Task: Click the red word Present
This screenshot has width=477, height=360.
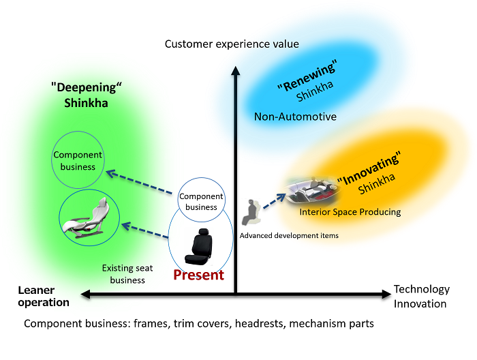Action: coord(198,275)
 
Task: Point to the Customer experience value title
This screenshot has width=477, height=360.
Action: coord(232,44)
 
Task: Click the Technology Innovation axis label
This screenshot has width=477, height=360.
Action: coord(422,297)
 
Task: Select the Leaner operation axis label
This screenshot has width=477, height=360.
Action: coord(42,297)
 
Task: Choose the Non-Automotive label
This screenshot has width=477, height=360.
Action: coord(295,117)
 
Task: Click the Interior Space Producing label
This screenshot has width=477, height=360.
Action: coord(350,212)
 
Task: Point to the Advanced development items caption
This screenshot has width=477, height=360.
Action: coord(289,236)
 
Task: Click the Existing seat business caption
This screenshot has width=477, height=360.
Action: coord(123,274)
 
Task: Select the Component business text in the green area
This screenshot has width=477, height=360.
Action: coord(78,160)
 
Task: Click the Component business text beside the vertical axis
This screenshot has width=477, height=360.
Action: coord(201,202)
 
